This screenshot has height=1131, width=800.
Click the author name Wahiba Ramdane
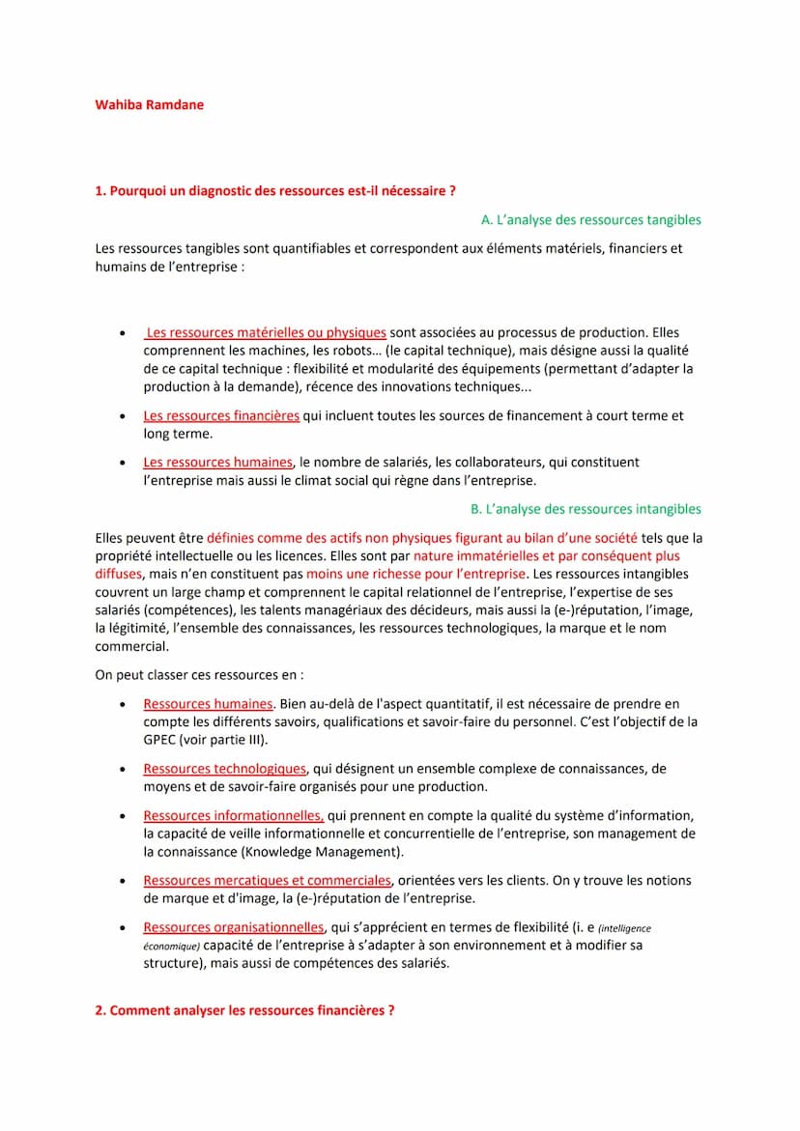click(x=149, y=104)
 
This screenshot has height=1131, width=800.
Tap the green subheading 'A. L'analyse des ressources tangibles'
click(x=590, y=219)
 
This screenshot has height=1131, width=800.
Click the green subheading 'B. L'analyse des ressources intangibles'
click(x=586, y=508)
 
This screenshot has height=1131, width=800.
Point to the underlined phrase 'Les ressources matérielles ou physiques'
click(x=266, y=332)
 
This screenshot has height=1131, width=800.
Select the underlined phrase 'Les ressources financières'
click(x=221, y=415)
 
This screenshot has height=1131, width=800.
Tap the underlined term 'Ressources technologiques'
click(x=224, y=768)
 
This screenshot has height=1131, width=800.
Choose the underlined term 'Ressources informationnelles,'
click(x=234, y=814)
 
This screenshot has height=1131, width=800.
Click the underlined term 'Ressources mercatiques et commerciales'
click(x=267, y=880)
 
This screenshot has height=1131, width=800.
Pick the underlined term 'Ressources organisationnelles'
click(x=234, y=926)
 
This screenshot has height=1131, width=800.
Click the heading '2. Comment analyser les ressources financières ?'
click(x=244, y=1009)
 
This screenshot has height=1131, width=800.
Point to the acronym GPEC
click(x=160, y=739)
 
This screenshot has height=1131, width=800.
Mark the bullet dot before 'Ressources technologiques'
click(x=121, y=770)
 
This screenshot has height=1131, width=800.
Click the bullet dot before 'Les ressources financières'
click(x=121, y=417)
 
